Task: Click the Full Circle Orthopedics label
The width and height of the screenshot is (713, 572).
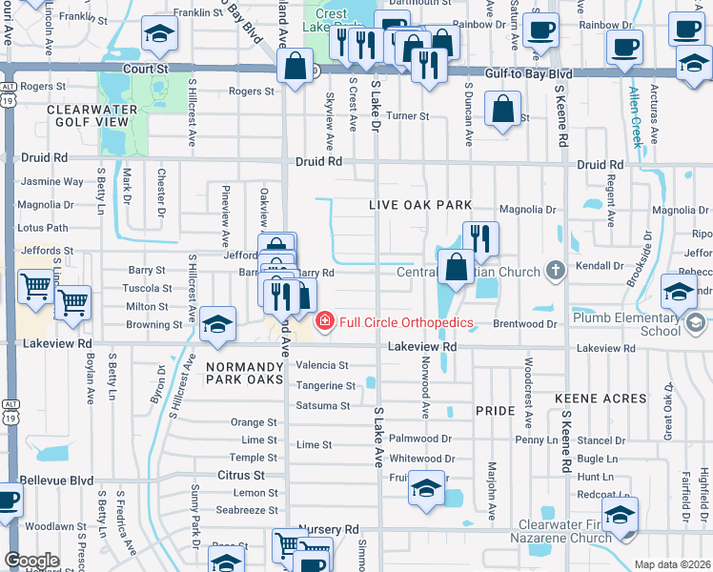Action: [406, 322]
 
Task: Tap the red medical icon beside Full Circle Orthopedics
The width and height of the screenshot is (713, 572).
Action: [324, 322]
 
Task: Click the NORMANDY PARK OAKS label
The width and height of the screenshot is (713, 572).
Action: [245, 372]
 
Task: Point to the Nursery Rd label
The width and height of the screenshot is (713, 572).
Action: [328, 528]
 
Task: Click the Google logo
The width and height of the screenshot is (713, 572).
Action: [31, 561]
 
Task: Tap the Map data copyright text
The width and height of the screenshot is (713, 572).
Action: [672, 564]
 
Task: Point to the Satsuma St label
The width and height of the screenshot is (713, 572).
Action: [324, 406]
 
